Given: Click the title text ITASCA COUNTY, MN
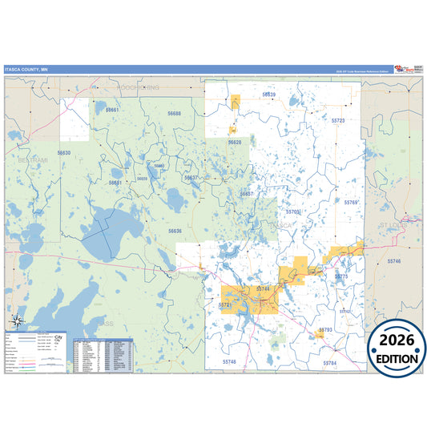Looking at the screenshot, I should click(x=26, y=70).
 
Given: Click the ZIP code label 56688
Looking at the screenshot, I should click(x=175, y=114).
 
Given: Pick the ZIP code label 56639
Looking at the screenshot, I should click(x=269, y=95).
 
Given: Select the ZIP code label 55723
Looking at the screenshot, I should click(x=338, y=120).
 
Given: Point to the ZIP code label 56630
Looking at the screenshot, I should click(x=64, y=152).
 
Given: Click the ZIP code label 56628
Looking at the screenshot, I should click(x=235, y=142).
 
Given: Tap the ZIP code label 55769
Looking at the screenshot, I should click(x=352, y=203).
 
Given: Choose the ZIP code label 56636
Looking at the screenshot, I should click(x=175, y=231).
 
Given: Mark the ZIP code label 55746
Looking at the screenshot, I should click(x=394, y=261).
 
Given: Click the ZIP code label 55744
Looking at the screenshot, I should click(x=264, y=288).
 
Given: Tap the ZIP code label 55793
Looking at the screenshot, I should click(x=325, y=329).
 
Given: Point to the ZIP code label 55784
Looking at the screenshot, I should click(x=331, y=363).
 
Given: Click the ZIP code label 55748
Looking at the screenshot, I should click(x=231, y=362).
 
